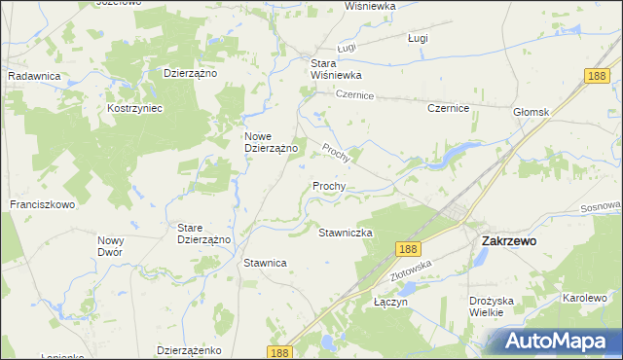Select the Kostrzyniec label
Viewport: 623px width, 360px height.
134,108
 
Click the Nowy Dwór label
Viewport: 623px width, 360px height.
110,245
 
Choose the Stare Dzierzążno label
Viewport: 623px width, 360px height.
202,234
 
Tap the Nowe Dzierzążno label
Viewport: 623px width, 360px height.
270,142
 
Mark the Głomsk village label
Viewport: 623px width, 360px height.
531,112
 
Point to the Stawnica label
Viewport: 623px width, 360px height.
264,263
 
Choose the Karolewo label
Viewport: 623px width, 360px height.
584,298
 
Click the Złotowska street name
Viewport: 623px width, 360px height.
410,271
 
